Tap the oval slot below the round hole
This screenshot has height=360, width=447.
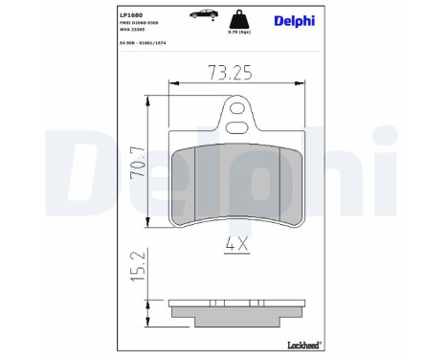[x=235, y=125]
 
